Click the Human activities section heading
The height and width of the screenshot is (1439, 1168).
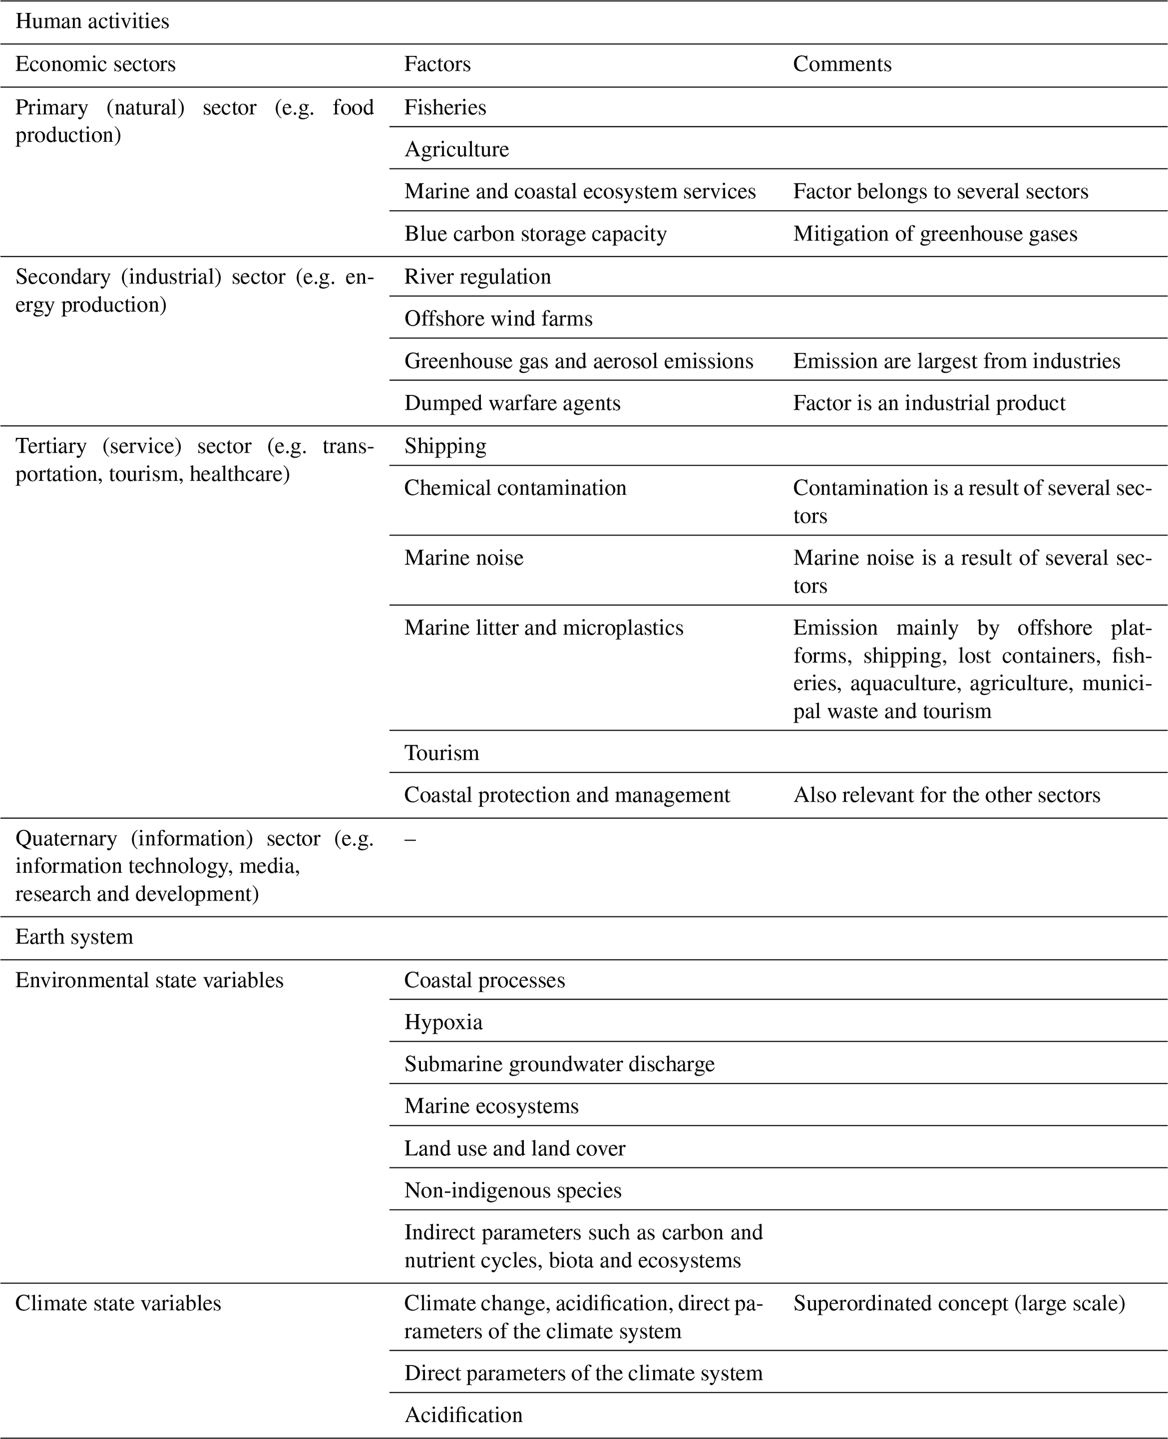92,21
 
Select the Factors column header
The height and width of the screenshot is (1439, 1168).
437,64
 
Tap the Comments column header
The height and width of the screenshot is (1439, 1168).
842,64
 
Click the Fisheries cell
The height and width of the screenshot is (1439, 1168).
445,108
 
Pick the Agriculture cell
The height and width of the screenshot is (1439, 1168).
456,149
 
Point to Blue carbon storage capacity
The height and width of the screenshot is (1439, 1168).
535,234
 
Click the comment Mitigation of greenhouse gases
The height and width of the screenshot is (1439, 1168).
935,234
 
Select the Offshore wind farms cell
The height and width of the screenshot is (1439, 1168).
498,319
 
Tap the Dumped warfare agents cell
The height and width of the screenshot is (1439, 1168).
512,403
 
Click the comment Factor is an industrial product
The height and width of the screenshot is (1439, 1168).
928,403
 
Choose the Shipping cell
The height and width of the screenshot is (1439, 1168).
445,446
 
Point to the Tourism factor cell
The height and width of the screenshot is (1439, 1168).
441,753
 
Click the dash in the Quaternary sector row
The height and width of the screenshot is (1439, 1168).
410,839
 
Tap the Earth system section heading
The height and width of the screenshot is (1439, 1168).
74,937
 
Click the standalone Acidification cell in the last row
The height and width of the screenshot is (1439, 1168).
463,1415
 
